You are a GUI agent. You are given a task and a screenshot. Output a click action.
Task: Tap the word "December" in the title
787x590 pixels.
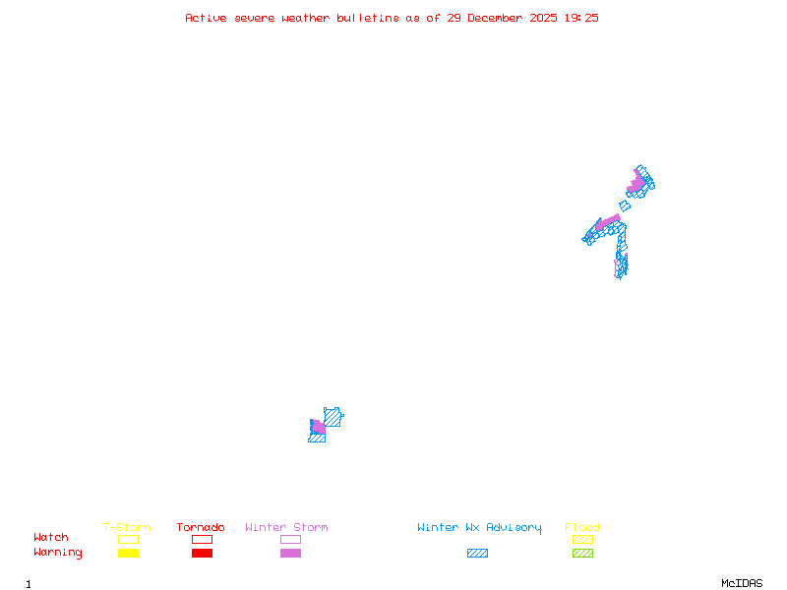[x=499, y=18]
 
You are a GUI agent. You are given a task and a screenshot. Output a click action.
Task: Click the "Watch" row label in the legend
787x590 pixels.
[x=51, y=538]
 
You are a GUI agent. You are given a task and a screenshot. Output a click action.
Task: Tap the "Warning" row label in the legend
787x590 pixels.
[x=58, y=553]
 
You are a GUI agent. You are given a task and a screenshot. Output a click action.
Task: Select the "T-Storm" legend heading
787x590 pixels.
[x=127, y=528]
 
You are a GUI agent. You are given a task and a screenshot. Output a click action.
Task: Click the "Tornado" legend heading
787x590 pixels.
[x=201, y=528]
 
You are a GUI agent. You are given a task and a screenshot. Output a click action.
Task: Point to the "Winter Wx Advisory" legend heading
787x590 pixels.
[x=479, y=528]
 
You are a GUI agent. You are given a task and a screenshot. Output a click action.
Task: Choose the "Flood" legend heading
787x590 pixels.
[x=582, y=528]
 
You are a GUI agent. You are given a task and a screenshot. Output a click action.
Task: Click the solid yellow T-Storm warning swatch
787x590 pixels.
[x=128, y=554]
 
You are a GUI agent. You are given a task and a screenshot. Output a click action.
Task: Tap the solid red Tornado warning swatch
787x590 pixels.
[x=202, y=554]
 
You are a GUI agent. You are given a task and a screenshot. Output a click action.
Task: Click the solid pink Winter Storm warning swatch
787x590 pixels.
[x=290, y=554]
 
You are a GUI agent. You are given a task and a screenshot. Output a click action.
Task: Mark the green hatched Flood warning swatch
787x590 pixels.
[x=582, y=554]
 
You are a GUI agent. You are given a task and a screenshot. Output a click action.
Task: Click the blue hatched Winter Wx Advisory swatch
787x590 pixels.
[x=477, y=554]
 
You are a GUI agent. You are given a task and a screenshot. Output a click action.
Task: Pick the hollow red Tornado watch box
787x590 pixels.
[x=202, y=539]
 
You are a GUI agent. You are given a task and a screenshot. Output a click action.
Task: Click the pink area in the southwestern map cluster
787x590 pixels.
[x=319, y=428]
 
